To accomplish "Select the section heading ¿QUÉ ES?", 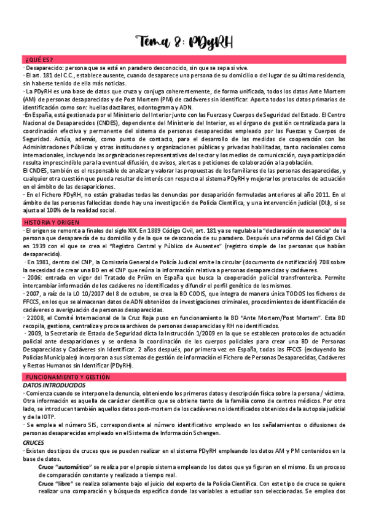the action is point(39,59).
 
